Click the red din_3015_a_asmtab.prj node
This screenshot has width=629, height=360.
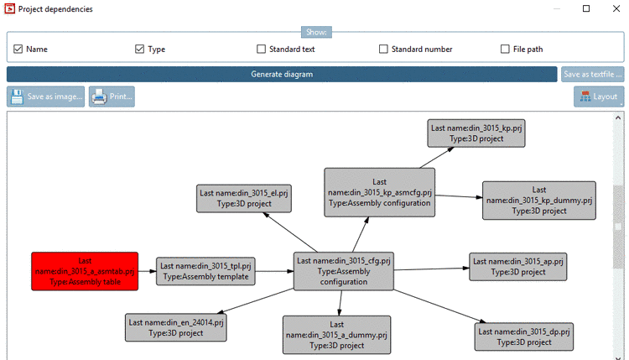(84, 271)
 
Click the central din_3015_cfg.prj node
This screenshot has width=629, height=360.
(343, 271)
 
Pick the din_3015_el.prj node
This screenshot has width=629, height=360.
(244, 198)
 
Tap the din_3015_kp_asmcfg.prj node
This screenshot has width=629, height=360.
(380, 192)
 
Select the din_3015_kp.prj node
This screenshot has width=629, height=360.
(476, 133)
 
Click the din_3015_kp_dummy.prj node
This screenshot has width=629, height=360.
(538, 201)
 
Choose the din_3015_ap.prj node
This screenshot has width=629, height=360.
(517, 266)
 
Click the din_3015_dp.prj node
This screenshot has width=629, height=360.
(524, 337)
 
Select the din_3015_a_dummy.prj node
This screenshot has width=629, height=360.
(336, 334)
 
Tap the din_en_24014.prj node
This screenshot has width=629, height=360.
(176, 327)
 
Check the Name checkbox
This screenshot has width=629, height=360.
(18, 50)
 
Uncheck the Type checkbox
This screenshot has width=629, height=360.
(140, 50)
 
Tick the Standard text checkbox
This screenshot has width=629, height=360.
(262, 50)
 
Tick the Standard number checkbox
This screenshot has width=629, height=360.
(384, 50)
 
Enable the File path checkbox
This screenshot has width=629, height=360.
(506, 50)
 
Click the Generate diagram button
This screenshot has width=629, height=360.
(282, 74)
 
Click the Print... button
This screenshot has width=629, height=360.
(112, 97)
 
